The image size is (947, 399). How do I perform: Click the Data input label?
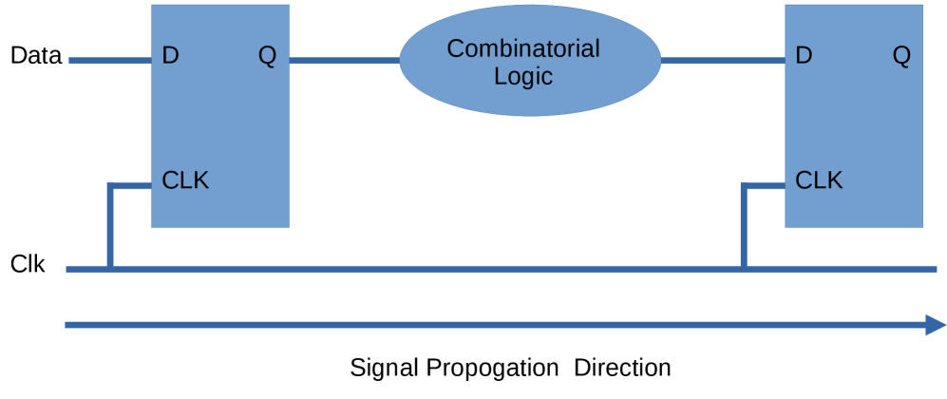pos(36,56)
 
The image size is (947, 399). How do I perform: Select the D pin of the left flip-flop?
pos(170,55)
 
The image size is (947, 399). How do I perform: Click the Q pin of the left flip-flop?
pos(267,56)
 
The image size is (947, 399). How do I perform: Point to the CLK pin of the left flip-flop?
pos(185,180)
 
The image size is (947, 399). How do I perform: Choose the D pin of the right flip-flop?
pos(804,55)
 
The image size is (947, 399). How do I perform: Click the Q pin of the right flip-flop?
pos(901,56)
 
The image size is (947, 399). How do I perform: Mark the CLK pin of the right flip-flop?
pos(819,180)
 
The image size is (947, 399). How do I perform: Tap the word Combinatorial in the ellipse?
pos(523,48)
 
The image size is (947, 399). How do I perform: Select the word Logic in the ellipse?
pos(523,76)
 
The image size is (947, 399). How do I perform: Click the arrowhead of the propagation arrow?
pos(935,325)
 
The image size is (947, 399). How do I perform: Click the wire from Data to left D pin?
pos(110,61)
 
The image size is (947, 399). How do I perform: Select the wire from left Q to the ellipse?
pos(344,61)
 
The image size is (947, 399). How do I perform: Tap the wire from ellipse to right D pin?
pos(722,61)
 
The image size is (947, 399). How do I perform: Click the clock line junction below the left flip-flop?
pos(111,269)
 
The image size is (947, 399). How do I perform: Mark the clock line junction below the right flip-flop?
pos(745,269)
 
